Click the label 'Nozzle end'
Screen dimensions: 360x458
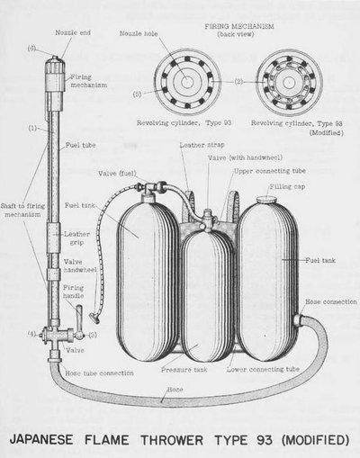point(73,32)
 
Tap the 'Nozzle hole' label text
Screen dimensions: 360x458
point(139,33)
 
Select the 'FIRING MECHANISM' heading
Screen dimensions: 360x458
point(239,26)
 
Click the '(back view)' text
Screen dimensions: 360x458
point(236,34)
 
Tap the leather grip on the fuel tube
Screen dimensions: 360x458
point(53,238)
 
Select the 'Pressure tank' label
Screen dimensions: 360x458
point(184,369)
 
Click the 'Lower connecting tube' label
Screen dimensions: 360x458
point(263,369)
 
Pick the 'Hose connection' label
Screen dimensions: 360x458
point(331,301)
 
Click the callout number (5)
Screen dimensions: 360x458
point(137,94)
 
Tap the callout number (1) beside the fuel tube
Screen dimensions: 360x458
point(32,129)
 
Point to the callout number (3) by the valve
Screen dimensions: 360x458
point(93,335)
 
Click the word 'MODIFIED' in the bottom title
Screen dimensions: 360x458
point(315,440)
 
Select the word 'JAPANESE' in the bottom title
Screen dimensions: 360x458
point(41,440)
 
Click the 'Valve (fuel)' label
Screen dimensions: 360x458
point(117,174)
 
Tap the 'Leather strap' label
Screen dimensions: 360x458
point(202,145)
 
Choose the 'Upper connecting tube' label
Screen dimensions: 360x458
point(270,171)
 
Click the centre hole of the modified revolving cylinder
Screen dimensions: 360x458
point(289,82)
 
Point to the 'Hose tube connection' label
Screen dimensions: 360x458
point(99,373)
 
